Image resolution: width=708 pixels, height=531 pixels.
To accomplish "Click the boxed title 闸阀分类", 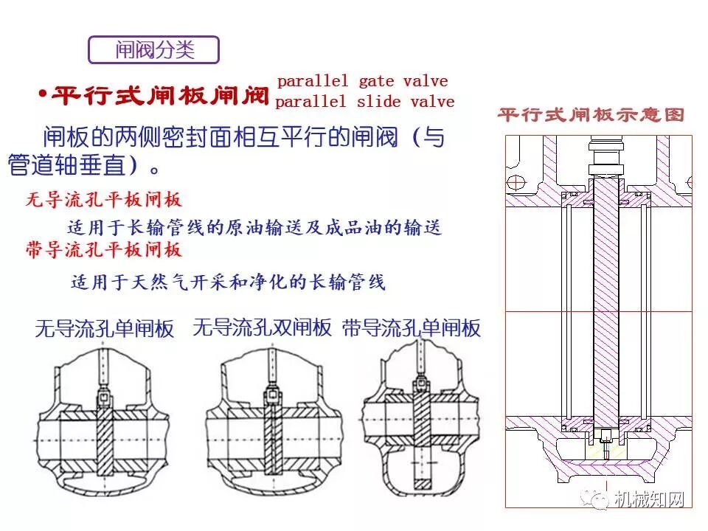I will click(x=154, y=49).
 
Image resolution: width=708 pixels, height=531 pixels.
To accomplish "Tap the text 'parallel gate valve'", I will click(x=362, y=81).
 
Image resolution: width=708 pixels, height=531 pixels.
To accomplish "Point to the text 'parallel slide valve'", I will click(x=364, y=102).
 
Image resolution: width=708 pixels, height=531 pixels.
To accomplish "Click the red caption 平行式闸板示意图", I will click(x=591, y=115).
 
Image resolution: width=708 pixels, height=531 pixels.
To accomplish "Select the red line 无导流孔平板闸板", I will click(x=104, y=199).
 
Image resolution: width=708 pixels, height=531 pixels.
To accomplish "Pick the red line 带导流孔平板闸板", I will click(x=104, y=250).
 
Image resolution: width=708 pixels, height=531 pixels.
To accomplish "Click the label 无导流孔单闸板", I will click(x=105, y=329).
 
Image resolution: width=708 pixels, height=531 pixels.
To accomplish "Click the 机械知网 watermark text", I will click(x=650, y=500).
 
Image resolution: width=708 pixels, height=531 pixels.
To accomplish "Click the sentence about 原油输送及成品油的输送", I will click(x=254, y=228).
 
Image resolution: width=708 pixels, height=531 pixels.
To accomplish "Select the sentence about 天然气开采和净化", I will click(x=228, y=282).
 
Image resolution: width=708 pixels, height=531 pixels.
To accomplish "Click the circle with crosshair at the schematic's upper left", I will click(x=519, y=180).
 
